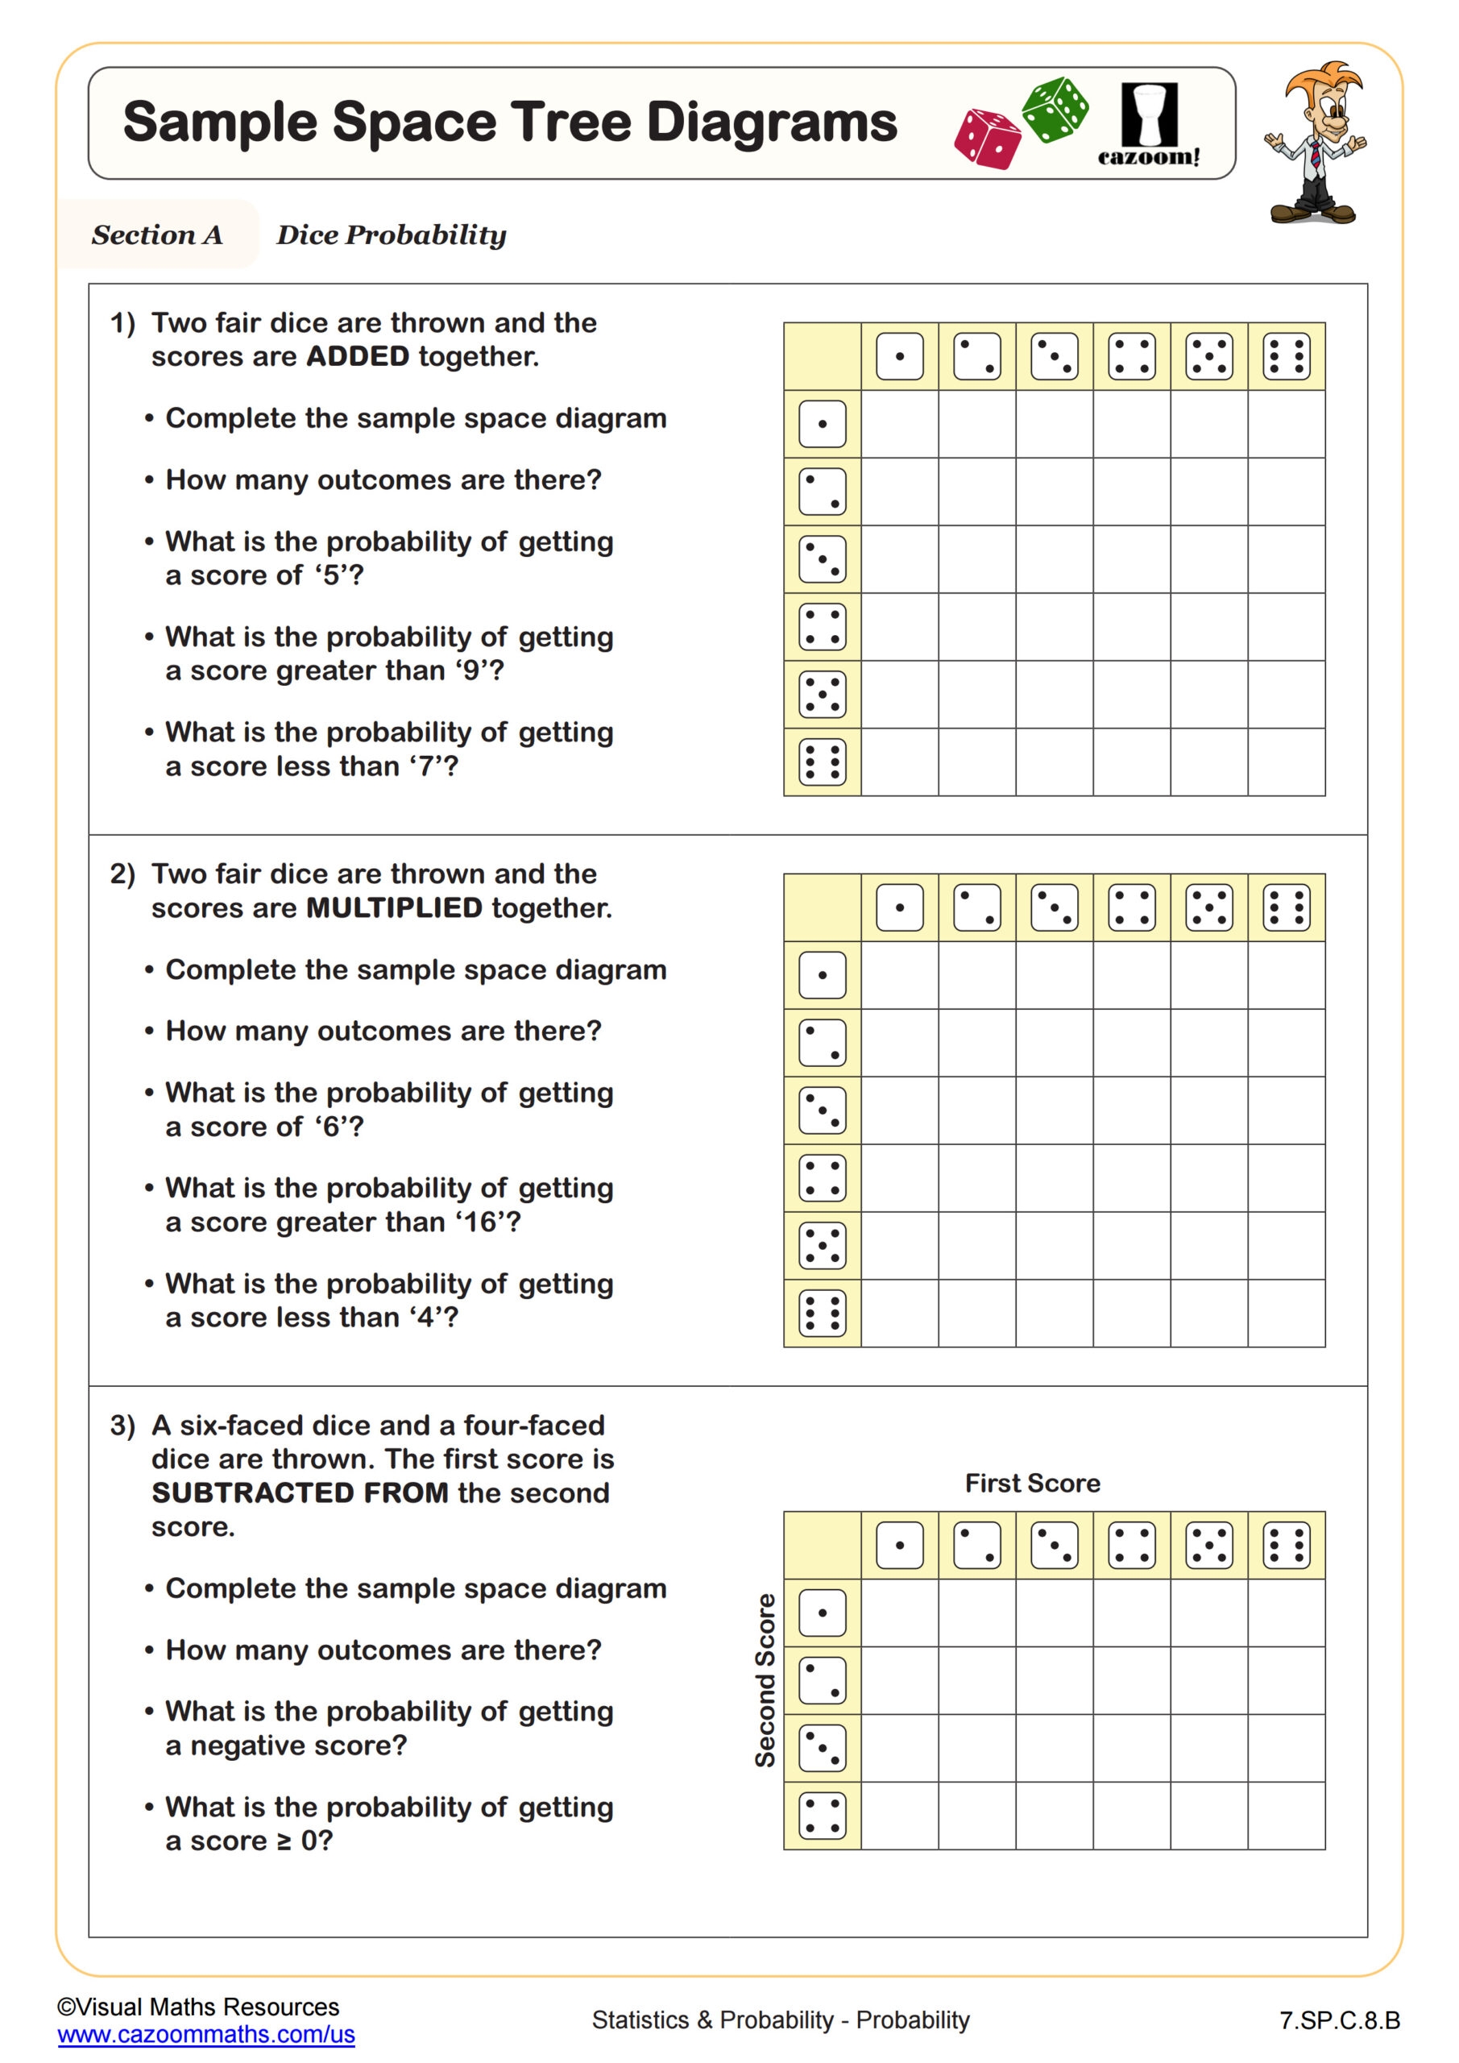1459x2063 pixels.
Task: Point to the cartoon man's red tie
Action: click(1314, 156)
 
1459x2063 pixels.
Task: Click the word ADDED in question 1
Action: click(358, 357)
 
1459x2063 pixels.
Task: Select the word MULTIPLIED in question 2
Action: click(395, 907)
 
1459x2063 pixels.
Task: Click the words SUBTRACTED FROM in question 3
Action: click(300, 1492)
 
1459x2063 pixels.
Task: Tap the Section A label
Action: click(157, 235)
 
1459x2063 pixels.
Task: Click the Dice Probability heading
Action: click(391, 235)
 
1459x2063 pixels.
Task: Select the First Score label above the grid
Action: click(1032, 1484)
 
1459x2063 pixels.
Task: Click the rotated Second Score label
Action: click(765, 1680)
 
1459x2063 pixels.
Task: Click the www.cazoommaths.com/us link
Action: click(205, 2034)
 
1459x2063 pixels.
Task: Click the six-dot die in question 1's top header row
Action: click(1286, 357)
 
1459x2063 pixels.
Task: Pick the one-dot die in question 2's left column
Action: click(822, 975)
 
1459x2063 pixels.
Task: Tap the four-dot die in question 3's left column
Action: click(822, 1816)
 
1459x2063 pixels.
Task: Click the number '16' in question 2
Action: click(481, 1222)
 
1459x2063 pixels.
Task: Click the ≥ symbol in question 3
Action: click(284, 1841)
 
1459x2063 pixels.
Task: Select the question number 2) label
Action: click(122, 874)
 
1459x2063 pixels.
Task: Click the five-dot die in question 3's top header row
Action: click(1208, 1546)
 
